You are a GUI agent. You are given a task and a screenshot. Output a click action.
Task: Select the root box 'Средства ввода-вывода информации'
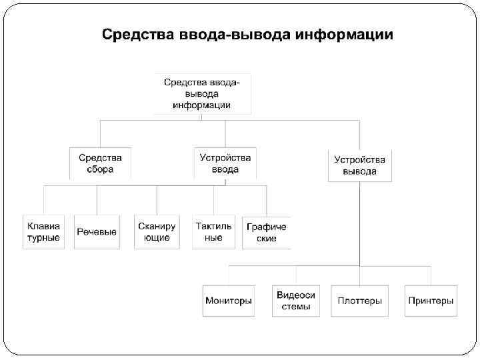[x=202, y=93]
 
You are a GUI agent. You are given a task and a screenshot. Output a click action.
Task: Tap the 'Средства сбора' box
[x=100, y=163]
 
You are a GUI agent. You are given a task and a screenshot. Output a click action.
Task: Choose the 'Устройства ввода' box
[x=225, y=163]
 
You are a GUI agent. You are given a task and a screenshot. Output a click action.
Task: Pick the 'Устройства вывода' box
[x=359, y=165]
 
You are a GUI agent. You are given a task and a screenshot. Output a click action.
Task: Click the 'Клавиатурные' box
[x=43, y=232]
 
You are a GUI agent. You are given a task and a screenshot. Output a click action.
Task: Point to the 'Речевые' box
[x=97, y=232]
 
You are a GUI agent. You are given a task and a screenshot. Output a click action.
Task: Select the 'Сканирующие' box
[x=157, y=232]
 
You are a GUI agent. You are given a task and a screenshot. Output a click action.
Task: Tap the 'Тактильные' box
[x=213, y=232]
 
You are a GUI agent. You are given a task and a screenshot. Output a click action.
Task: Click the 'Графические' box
[x=266, y=232]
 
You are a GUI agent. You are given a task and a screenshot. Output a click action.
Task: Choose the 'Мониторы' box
[x=229, y=301]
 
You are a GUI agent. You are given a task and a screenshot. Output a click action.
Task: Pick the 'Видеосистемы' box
[x=296, y=301]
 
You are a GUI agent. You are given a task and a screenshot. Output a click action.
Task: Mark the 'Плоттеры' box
[x=359, y=301]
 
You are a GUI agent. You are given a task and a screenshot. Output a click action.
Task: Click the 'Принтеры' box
[x=431, y=301]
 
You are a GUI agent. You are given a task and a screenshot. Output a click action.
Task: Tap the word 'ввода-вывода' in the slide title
[x=229, y=34]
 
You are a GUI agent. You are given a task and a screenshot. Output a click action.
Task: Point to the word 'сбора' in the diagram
[x=100, y=169]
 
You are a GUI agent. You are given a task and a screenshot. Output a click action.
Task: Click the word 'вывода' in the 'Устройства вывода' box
[x=359, y=171]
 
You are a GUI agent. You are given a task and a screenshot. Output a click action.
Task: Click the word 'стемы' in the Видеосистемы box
[x=296, y=307]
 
